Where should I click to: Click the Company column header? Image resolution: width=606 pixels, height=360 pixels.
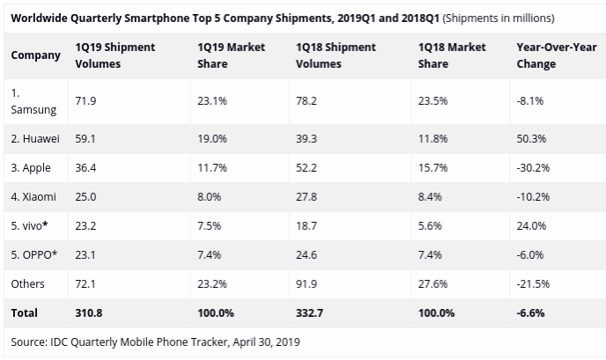pyautogui.click(x=35, y=55)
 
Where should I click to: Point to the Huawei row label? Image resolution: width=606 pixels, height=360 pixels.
pyautogui.click(x=36, y=136)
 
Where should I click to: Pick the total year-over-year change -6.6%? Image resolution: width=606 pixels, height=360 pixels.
pyautogui.click(x=530, y=312)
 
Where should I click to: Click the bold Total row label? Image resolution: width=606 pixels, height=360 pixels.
pyautogui.click(x=25, y=312)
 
